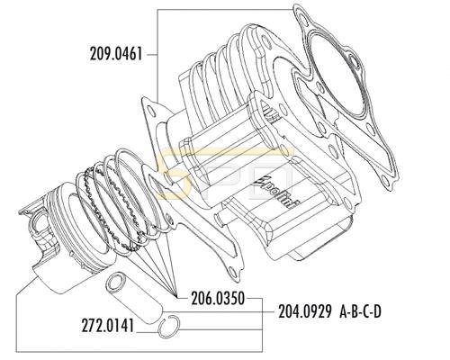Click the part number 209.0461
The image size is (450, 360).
tap(116, 55)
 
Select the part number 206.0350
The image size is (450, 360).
tap(218, 299)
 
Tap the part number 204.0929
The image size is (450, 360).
tap(305, 311)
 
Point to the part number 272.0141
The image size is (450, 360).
tap(107, 326)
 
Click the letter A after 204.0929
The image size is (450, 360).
tap(345, 312)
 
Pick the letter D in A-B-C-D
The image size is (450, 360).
tap(377, 312)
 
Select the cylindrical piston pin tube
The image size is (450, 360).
tap(134, 299)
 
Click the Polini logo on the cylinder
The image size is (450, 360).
tap(276, 192)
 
